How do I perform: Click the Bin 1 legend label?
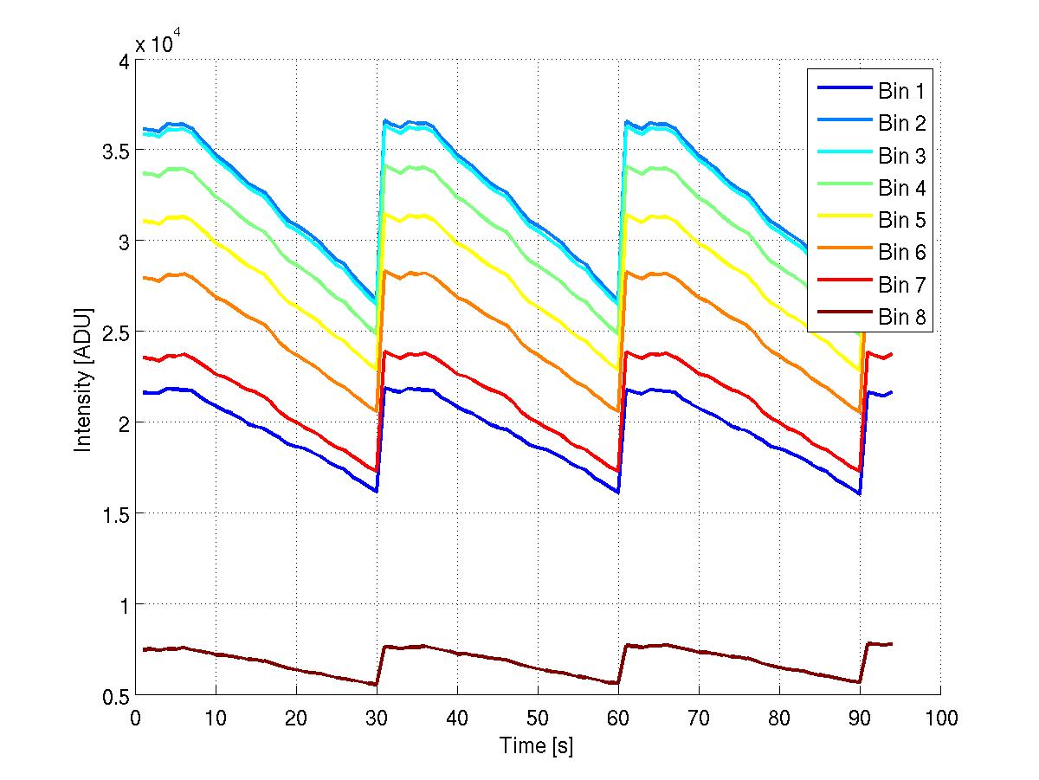click(902, 93)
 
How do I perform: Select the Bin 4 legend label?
click(902, 189)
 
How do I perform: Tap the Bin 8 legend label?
click(902, 317)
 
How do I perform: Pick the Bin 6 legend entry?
click(902, 253)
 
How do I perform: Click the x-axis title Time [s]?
click(537, 745)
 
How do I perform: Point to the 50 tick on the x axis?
click(538, 718)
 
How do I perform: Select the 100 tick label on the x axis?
click(940, 718)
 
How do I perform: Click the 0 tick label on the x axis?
click(135, 718)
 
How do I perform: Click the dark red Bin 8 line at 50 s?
click(538, 667)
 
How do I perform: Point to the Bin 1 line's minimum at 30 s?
click(377, 491)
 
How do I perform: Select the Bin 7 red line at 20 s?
click(296, 422)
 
